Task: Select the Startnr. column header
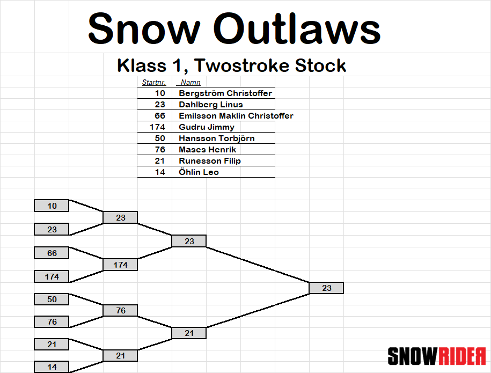click(x=154, y=82)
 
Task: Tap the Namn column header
click(x=190, y=82)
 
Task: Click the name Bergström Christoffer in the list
click(x=225, y=93)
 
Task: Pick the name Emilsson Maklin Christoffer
click(x=236, y=115)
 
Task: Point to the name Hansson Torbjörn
click(x=217, y=138)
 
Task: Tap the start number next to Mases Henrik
click(x=160, y=150)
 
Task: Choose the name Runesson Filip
click(x=210, y=161)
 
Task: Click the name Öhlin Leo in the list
click(x=199, y=172)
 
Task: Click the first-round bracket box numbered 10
click(x=52, y=206)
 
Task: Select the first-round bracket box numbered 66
click(x=52, y=253)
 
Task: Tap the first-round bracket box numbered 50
click(x=52, y=299)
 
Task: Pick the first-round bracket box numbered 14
click(x=52, y=367)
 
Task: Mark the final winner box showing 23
click(x=326, y=288)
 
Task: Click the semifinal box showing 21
click(x=189, y=333)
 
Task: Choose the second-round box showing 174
click(x=120, y=265)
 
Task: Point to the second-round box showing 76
click(x=120, y=310)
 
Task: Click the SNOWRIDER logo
click(x=436, y=356)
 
